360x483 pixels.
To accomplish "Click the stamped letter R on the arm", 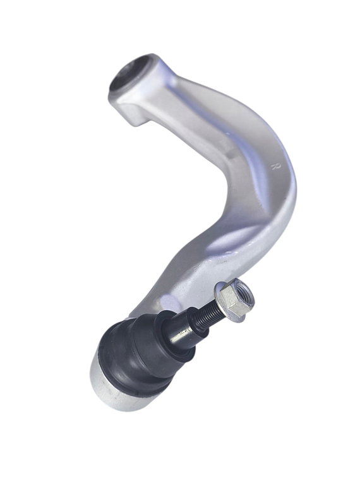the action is (x=276, y=167).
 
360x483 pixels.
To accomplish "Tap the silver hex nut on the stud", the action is (x=235, y=298).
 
